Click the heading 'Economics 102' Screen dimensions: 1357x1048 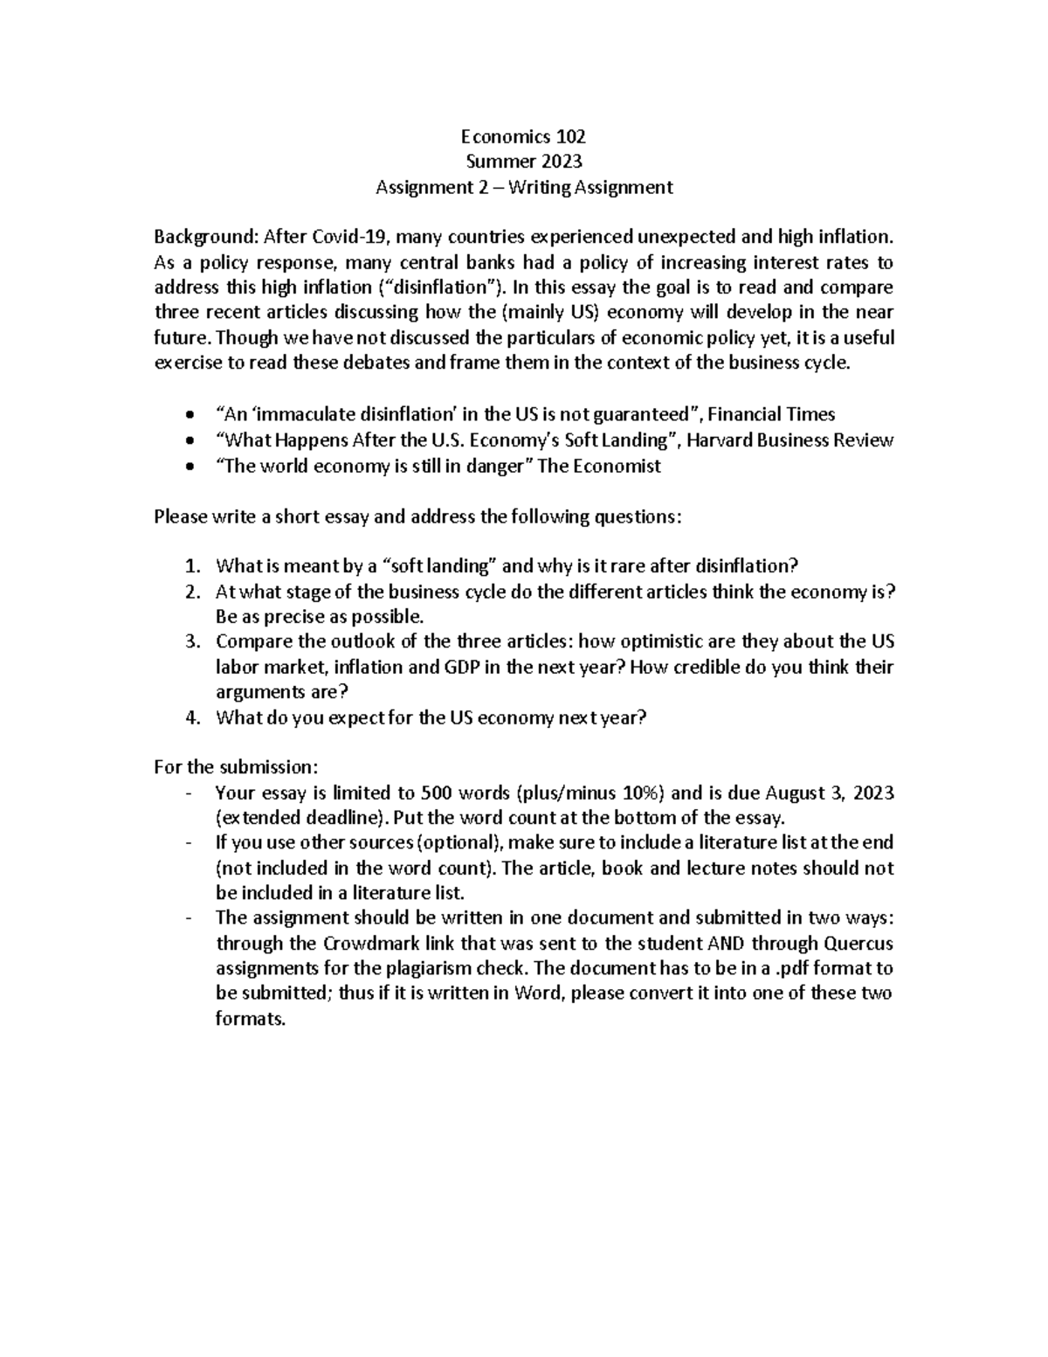pyautogui.click(x=523, y=136)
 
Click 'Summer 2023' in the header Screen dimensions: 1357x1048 pyautogui.click(x=523, y=162)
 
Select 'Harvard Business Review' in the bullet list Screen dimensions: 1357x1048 pyautogui.click(x=790, y=440)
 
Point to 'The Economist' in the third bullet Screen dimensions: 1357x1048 pyautogui.click(x=599, y=466)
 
